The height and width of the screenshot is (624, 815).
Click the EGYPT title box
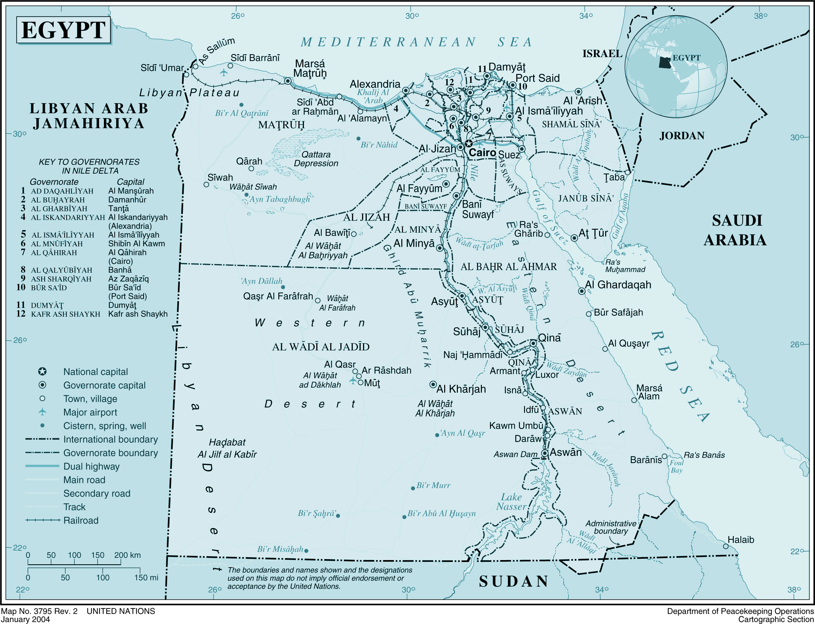point(64,30)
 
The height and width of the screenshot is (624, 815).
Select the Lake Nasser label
point(511,502)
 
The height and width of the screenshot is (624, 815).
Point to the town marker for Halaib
point(725,546)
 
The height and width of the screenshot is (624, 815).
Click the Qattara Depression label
point(316,159)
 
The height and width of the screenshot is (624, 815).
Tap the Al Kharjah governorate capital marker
point(433,385)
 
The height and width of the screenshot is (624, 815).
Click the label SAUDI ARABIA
point(735,230)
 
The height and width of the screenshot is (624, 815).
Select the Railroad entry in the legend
point(81,520)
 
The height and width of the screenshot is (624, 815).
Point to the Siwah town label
point(220,177)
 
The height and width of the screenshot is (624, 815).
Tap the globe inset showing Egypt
point(676,67)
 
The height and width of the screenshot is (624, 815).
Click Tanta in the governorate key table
point(118,208)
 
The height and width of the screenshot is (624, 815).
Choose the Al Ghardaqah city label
point(618,285)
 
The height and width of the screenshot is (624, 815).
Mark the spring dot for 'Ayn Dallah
point(283,287)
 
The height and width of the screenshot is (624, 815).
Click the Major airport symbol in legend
point(42,412)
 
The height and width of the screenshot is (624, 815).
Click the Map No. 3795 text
point(39,611)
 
